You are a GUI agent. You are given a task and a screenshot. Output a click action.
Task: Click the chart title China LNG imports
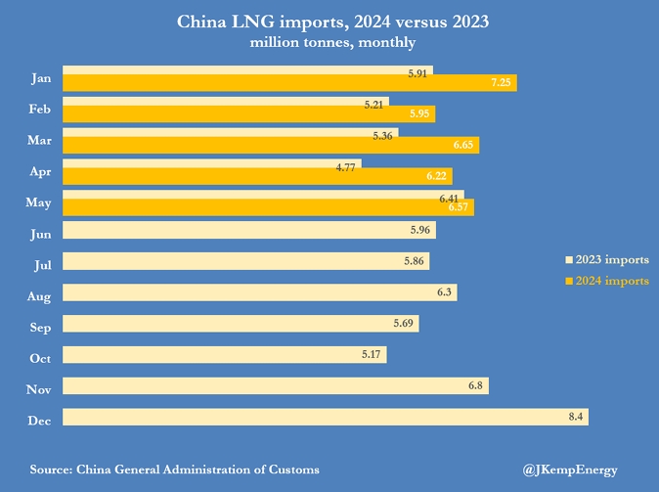[331, 21]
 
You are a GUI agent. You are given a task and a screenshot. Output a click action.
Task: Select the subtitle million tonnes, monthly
[332, 42]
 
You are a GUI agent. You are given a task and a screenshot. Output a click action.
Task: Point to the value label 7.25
[501, 84]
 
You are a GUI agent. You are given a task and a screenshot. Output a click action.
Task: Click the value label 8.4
[577, 418]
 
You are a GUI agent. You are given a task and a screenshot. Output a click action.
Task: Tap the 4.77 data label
[345, 167]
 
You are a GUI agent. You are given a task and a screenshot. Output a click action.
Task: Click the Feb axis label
[40, 111]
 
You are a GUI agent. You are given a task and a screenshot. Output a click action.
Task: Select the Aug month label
[39, 295]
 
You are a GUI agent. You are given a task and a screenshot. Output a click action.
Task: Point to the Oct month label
[40, 358]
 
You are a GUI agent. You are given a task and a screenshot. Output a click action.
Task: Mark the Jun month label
[40, 235]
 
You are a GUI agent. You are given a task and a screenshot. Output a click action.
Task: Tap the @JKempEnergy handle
[570, 470]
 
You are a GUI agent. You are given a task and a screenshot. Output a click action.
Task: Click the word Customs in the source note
[292, 470]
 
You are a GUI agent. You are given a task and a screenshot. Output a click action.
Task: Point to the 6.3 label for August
[445, 292]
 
